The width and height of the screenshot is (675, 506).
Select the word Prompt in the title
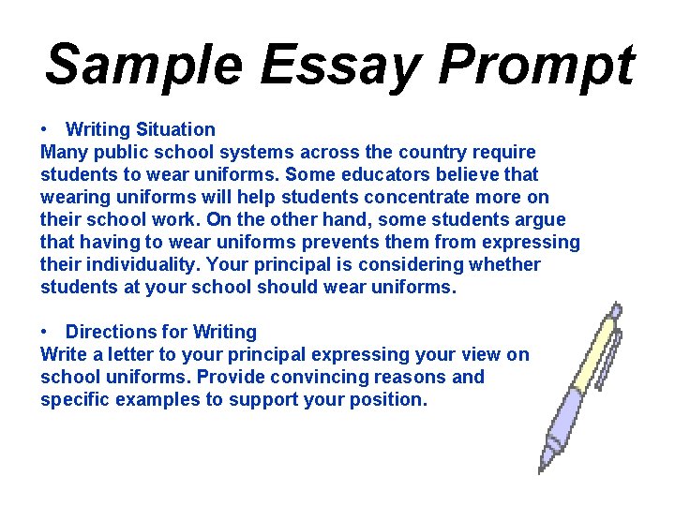click(x=537, y=66)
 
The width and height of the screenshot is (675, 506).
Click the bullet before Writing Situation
click(x=45, y=129)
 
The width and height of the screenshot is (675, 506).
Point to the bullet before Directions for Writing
click(x=45, y=332)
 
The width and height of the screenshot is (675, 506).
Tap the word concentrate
click(x=416, y=197)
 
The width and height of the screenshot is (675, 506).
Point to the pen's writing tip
click(x=542, y=469)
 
